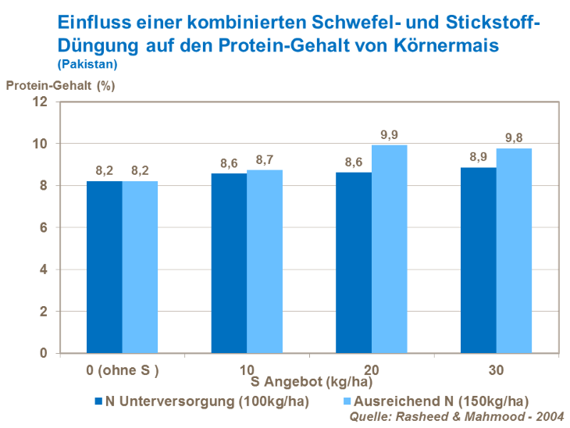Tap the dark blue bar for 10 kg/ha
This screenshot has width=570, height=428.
pyautogui.click(x=229, y=262)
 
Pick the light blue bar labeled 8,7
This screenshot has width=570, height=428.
pyautogui.click(x=265, y=262)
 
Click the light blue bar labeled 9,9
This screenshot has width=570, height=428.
pyautogui.click(x=389, y=249)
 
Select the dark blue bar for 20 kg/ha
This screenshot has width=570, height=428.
pyautogui.click(x=354, y=262)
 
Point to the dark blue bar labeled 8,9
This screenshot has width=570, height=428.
pyautogui.click(x=478, y=260)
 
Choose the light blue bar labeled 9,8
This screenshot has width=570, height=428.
pyautogui.click(x=513, y=251)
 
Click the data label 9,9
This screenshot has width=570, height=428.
pyautogui.click(x=389, y=135)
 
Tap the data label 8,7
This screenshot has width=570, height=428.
pyautogui.click(x=265, y=159)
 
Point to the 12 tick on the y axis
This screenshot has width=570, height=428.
pyautogui.click(x=41, y=102)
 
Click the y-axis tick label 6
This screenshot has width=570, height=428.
pyautogui.click(x=44, y=228)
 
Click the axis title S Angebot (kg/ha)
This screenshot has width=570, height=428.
pyautogui.click(x=307, y=383)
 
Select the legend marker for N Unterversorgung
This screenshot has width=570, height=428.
pyautogui.click(x=98, y=401)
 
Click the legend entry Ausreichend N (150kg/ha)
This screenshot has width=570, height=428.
pyautogui.click(x=431, y=401)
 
